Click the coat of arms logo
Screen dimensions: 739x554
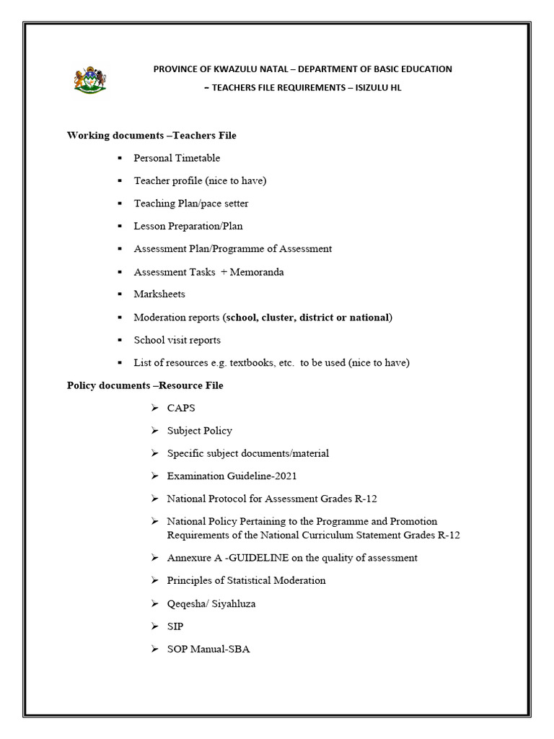point(89,79)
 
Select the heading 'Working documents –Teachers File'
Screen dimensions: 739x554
point(151,135)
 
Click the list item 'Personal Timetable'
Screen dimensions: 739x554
point(177,158)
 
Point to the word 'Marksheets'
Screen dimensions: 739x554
point(159,294)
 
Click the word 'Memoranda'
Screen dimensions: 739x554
point(258,271)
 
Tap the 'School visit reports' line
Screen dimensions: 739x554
point(177,340)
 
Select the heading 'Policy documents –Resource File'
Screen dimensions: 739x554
point(145,385)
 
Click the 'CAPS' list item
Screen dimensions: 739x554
point(181,408)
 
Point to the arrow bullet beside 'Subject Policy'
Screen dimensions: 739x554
point(154,431)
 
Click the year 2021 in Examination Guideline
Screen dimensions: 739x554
point(285,476)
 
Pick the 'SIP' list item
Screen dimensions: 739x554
point(175,626)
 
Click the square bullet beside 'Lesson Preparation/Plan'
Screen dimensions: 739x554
point(120,226)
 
